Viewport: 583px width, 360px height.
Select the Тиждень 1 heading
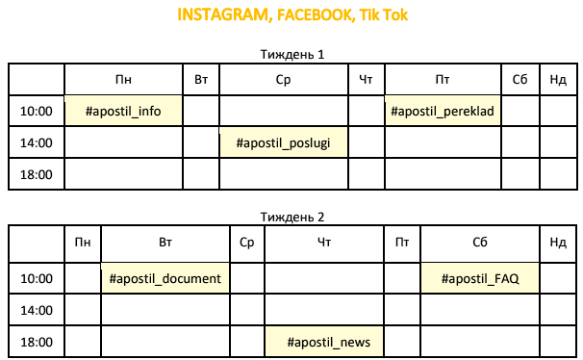[x=292, y=54]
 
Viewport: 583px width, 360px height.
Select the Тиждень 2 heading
[x=292, y=217]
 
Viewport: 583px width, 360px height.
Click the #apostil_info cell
[x=123, y=111]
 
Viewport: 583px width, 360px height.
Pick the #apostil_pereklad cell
[x=443, y=111]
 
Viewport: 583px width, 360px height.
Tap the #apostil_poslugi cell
[x=283, y=142]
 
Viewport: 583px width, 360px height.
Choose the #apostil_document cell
[x=165, y=278]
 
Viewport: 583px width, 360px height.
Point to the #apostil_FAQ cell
[x=480, y=278]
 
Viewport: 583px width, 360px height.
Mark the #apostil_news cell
[x=324, y=342]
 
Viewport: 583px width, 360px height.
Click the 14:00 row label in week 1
[x=36, y=142]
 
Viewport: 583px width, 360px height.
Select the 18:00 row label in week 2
[x=36, y=342]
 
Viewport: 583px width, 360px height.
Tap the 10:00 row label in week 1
[x=36, y=111]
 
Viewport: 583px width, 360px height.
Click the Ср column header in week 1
[x=283, y=80]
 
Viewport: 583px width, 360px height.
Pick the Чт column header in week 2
[x=324, y=243]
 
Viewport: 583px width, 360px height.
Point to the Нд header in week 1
[x=558, y=80]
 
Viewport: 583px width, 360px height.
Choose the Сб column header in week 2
[x=480, y=243]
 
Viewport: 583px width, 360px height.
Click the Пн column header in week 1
[x=123, y=80]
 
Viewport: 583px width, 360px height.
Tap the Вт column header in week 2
[x=165, y=243]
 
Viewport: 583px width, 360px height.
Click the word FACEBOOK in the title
[x=315, y=15]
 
